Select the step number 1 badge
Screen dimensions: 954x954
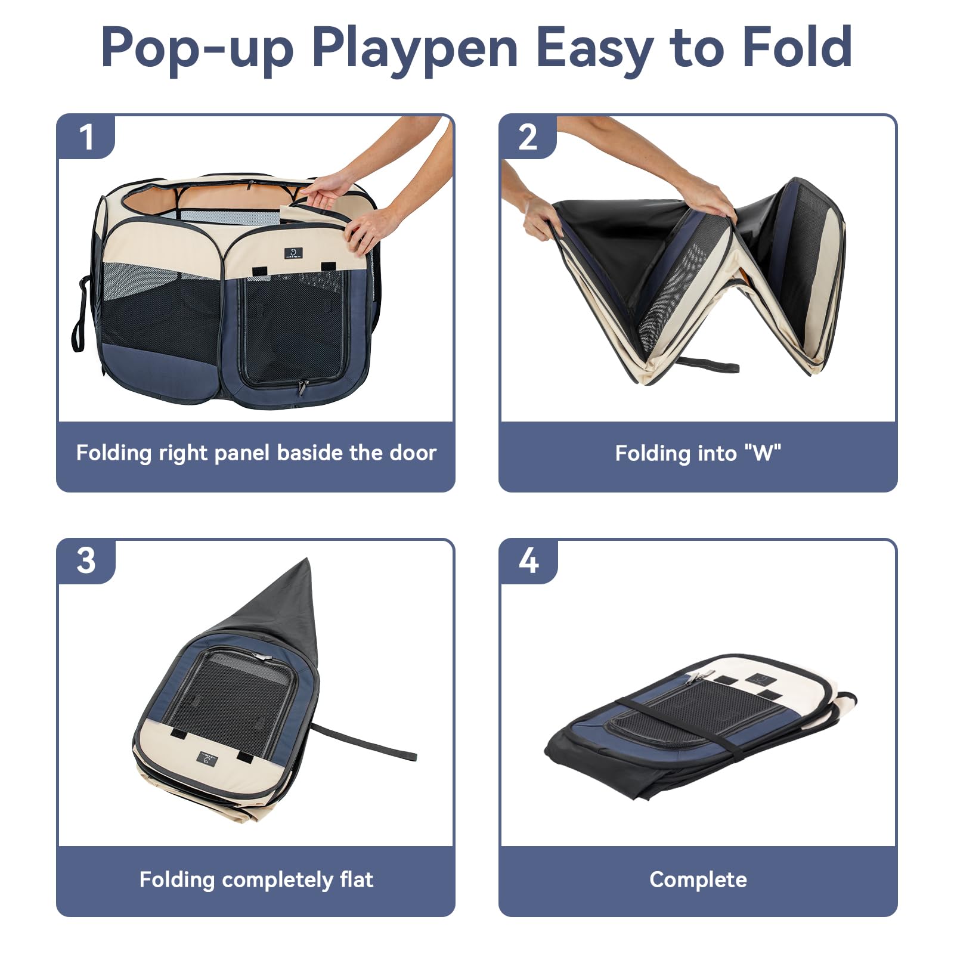(x=86, y=138)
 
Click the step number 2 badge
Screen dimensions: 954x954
(x=528, y=138)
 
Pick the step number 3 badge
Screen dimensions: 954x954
(x=86, y=561)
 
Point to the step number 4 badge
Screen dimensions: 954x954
(x=528, y=561)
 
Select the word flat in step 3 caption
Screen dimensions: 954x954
(x=356, y=879)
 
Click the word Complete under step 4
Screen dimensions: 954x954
(x=698, y=879)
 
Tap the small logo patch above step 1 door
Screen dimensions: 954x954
(x=293, y=253)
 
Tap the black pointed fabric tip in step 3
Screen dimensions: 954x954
(x=286, y=596)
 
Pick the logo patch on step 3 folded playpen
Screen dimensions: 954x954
(x=207, y=758)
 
